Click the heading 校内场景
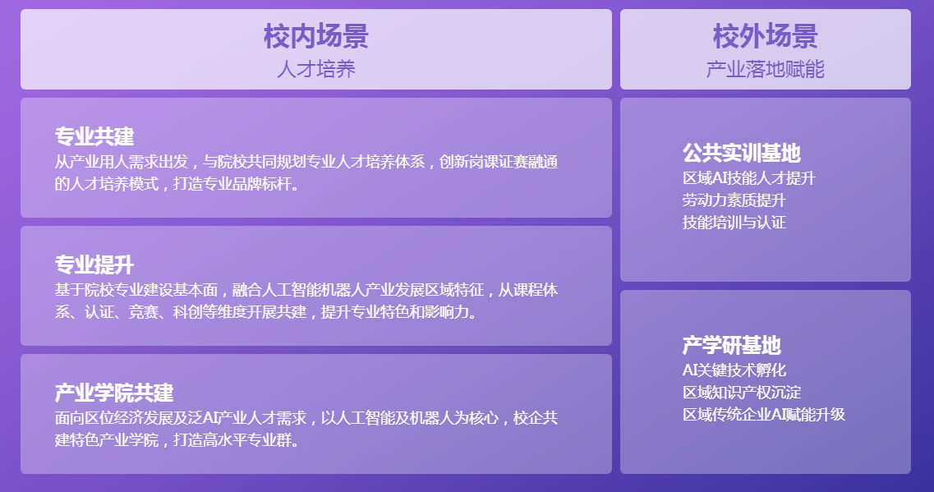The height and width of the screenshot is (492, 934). pyautogui.click(x=316, y=36)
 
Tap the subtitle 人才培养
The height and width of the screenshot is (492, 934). pyautogui.click(x=316, y=69)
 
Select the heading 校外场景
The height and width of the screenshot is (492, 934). pyautogui.click(x=766, y=36)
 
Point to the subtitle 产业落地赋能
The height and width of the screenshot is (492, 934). pyautogui.click(x=766, y=69)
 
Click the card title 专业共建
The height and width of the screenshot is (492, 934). pyautogui.click(x=94, y=136)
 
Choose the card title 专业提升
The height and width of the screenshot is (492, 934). pyautogui.click(x=94, y=264)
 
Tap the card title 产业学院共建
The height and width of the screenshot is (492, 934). pyautogui.click(x=114, y=393)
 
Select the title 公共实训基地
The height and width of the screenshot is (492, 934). pyautogui.click(x=742, y=153)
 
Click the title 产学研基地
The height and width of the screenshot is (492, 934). pyautogui.click(x=731, y=345)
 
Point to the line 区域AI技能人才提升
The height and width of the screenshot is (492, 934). pyautogui.click(x=748, y=178)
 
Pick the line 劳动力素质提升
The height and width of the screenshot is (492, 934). pyautogui.click(x=734, y=200)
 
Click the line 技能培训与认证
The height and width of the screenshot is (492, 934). pyautogui.click(x=734, y=222)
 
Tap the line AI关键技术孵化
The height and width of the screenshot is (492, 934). pyautogui.click(x=734, y=370)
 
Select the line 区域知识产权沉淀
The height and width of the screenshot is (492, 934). pyautogui.click(x=742, y=392)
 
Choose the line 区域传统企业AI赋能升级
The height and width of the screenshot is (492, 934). pyautogui.click(x=764, y=414)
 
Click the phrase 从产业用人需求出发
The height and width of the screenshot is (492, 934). pyautogui.click(x=122, y=162)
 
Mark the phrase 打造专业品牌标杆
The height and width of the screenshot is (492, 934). pyautogui.click(x=233, y=183)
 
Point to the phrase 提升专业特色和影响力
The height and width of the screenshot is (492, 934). pyautogui.click(x=395, y=311)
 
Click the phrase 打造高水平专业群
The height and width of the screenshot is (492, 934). pyautogui.click(x=233, y=439)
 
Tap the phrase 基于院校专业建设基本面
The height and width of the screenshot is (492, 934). pyautogui.click(x=136, y=289)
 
